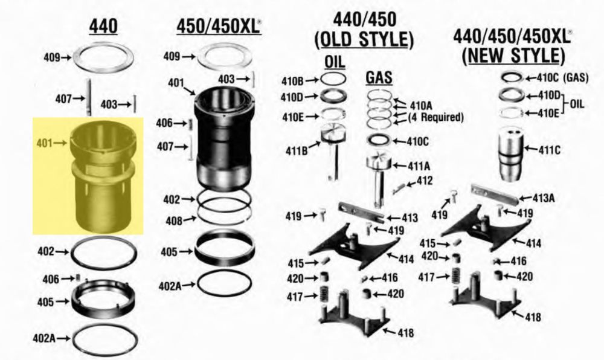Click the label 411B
point(296,151)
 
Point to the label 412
point(425,181)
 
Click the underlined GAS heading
point(379,78)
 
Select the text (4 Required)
point(435,117)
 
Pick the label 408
point(174,220)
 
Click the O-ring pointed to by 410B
point(333,80)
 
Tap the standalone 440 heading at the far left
point(103,26)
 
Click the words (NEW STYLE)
point(513,55)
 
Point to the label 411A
point(419,166)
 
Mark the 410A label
point(421,105)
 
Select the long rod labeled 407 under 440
point(89,97)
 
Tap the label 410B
point(292,81)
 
